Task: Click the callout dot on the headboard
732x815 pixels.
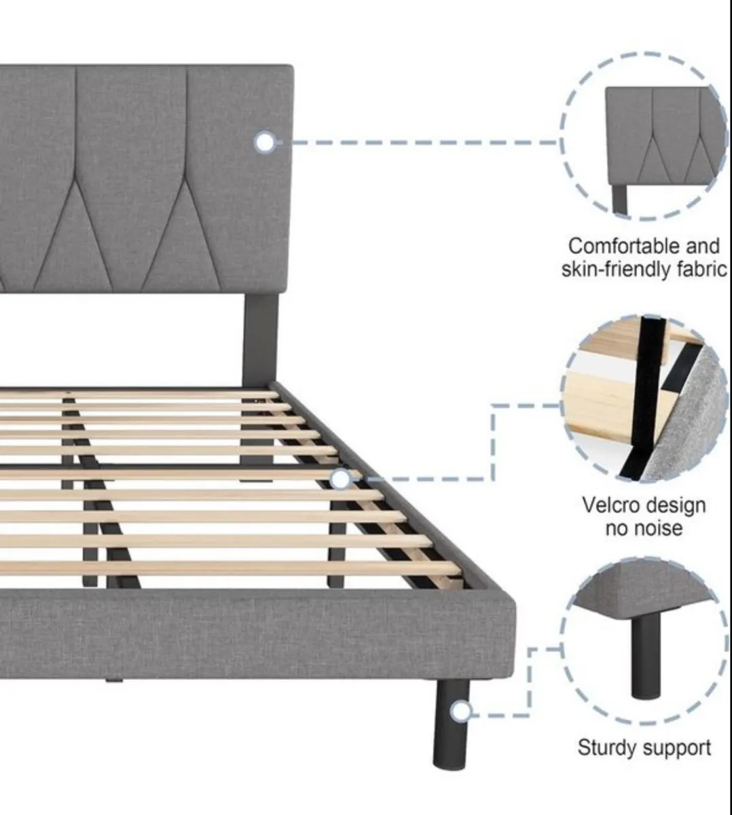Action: coord(266,143)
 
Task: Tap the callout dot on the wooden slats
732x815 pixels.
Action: coord(341,479)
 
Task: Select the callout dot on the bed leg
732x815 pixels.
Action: coord(462,711)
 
